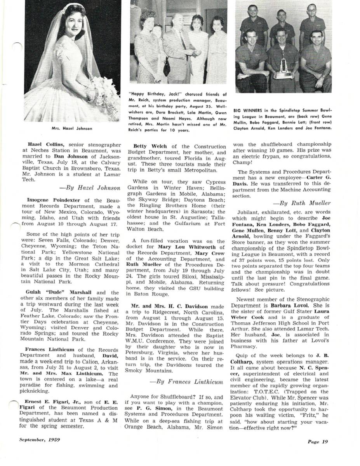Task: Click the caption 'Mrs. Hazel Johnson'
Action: [72, 129]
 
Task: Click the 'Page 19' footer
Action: [318, 442]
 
